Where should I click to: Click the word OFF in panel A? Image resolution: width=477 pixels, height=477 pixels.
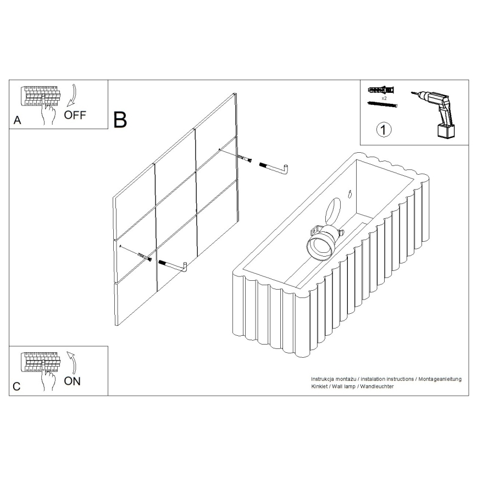click(x=75, y=115)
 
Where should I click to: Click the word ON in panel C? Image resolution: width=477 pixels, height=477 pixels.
click(x=72, y=381)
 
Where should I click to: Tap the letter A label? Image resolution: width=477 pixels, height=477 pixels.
click(x=17, y=120)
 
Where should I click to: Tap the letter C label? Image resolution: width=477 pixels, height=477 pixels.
click(x=16, y=386)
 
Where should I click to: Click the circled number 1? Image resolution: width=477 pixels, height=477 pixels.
click(x=384, y=130)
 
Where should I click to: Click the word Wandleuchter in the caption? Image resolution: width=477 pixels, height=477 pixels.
click(x=376, y=387)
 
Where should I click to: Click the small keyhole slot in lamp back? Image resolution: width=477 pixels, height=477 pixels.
click(x=350, y=193)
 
